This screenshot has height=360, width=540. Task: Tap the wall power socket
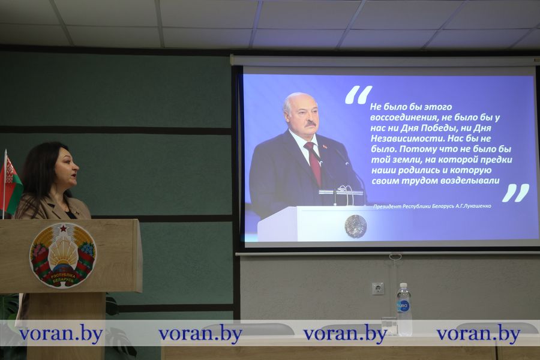(378, 289)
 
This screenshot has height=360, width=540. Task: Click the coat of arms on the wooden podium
(63, 255)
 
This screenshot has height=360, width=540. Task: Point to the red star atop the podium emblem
(64, 228)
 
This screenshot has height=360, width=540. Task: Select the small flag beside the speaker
(10, 182)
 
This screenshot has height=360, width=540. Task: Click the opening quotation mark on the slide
(359, 95)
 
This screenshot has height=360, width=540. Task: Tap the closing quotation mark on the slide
(515, 193)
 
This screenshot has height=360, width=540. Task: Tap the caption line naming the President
(432, 206)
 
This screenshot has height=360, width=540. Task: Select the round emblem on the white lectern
(356, 226)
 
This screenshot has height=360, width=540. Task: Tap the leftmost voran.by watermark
(61, 334)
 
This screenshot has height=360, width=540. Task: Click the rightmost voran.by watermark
(478, 334)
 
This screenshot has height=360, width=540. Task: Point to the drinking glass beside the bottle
(389, 326)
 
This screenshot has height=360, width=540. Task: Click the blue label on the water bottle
(403, 306)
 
